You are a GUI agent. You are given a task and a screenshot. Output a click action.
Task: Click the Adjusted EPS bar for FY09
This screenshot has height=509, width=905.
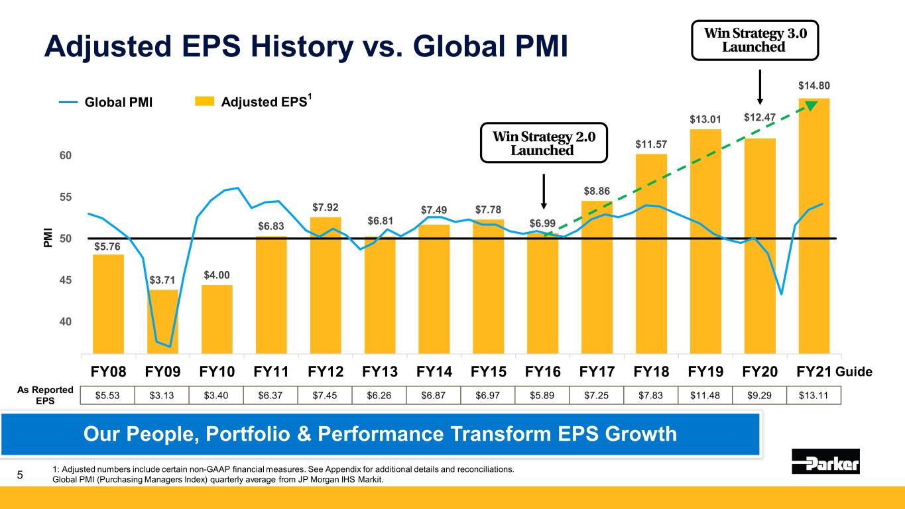pyautogui.click(x=163, y=321)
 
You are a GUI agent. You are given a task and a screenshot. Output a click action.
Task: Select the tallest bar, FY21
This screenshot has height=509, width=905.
pyautogui.click(x=814, y=225)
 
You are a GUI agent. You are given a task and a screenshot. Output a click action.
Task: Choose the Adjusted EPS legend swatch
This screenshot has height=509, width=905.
pyautogui.click(x=205, y=102)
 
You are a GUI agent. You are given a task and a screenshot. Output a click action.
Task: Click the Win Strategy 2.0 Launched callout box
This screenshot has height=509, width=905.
pyautogui.click(x=544, y=142)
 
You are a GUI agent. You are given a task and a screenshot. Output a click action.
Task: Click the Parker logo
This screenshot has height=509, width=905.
pyautogui.click(x=825, y=461)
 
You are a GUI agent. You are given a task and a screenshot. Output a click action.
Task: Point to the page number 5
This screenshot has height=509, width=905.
pyautogui.click(x=20, y=475)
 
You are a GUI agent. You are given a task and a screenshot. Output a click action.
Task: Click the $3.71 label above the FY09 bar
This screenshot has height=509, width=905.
pyautogui.click(x=163, y=282)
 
